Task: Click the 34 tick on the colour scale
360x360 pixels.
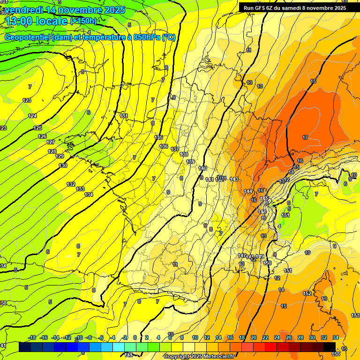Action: pyautogui.click(x=335, y=337)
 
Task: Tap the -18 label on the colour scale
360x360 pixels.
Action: pyautogui.click(x=32, y=337)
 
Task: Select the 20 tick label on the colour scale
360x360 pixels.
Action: pyautogui.click(x=254, y=337)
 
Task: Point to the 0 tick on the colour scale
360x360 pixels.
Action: pyautogui.click(x=135, y=337)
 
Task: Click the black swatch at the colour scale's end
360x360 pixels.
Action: pyautogui.click(x=330, y=347)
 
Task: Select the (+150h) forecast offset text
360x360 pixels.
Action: pyautogui.click(x=83, y=21)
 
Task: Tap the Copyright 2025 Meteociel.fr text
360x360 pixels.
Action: pyautogui.click(x=199, y=357)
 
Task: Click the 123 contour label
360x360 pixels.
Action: pyautogui.click(x=27, y=100)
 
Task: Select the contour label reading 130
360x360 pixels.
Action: pyautogui.click(x=63, y=165)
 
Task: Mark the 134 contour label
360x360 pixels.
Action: pyautogui.click(x=89, y=195)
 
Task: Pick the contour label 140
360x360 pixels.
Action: pyautogui.click(x=202, y=168)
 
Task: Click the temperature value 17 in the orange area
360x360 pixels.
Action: pyautogui.click(x=305, y=137)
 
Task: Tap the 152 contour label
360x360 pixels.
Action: pyautogui.click(x=307, y=293)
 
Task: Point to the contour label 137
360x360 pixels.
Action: pyautogui.click(x=175, y=149)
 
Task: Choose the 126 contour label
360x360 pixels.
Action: pyautogui.click(x=43, y=136)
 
